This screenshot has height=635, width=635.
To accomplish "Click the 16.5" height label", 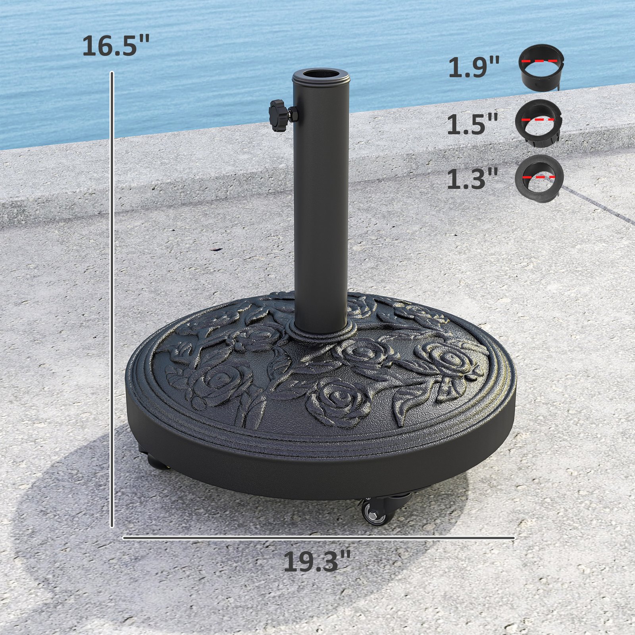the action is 116,46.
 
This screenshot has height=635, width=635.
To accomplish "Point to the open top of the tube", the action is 321,74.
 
